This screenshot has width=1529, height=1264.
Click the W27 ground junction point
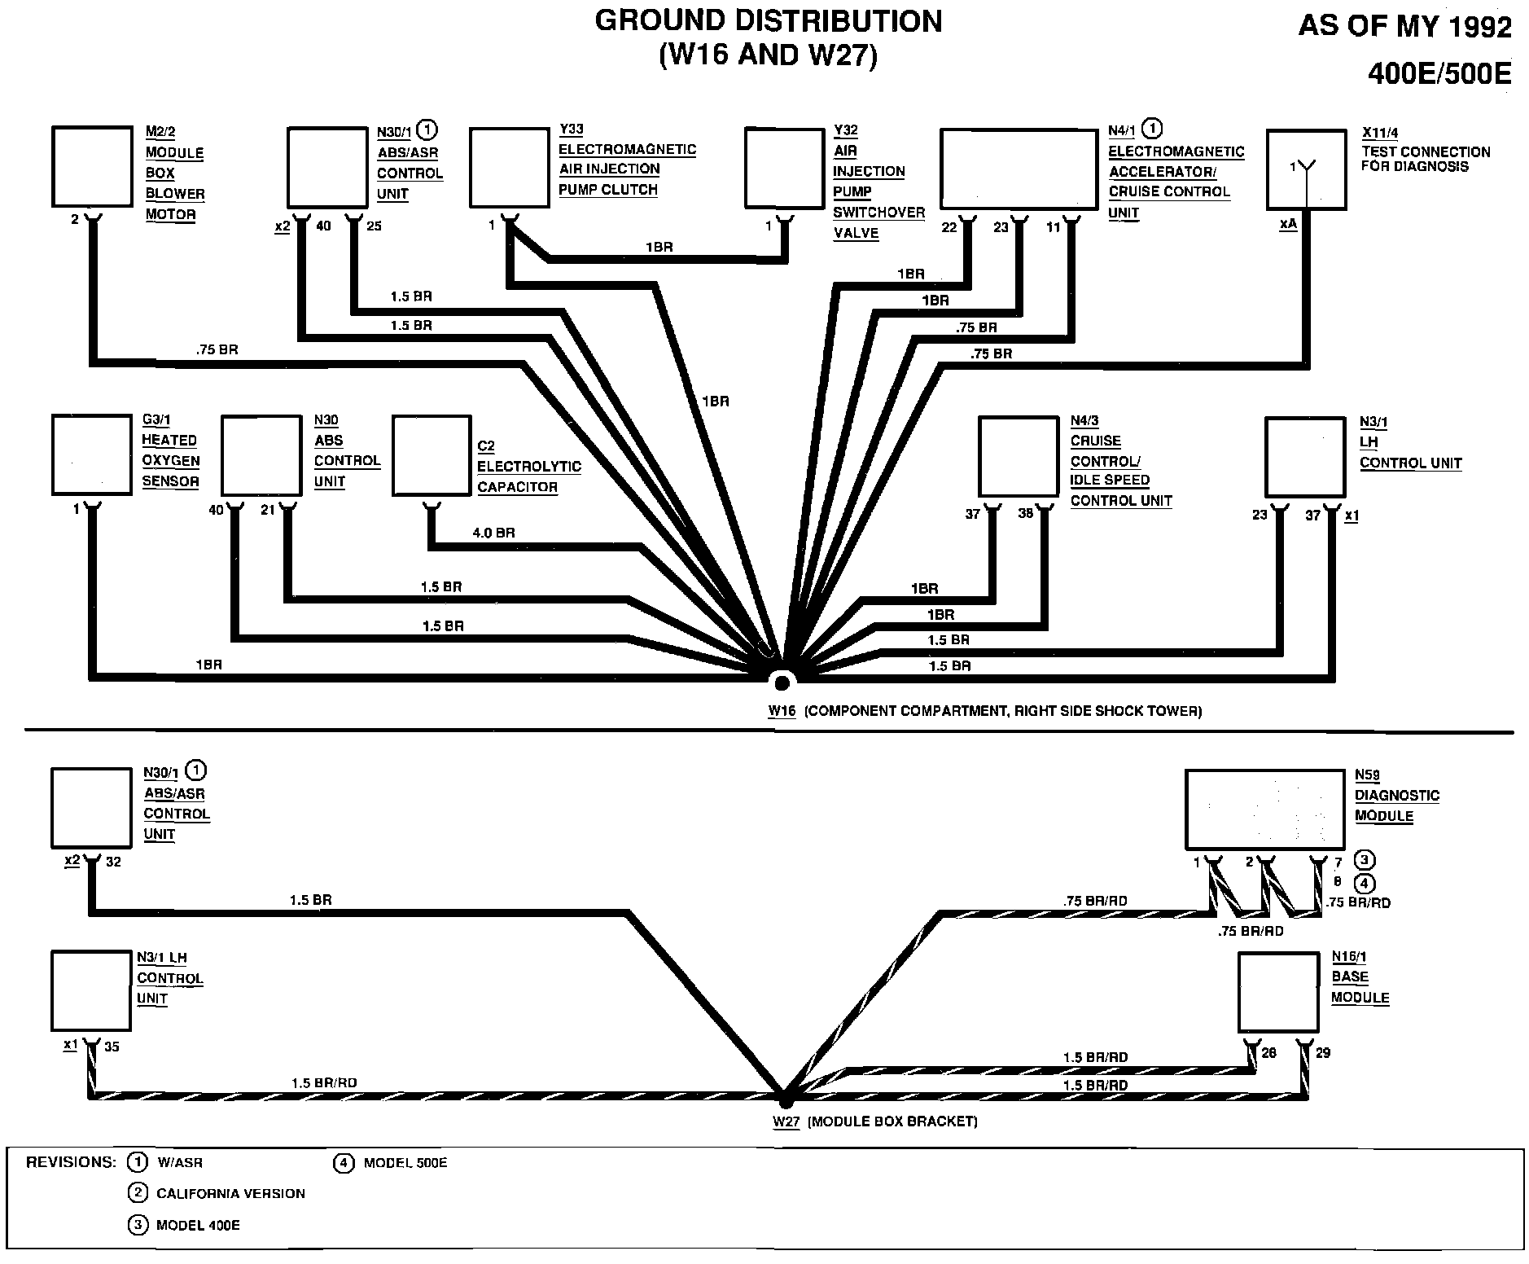785,1099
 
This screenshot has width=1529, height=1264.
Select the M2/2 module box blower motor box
92,167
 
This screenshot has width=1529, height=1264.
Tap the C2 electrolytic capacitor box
432,456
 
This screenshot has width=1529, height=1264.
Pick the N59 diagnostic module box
1264,810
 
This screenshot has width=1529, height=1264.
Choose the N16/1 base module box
1277,993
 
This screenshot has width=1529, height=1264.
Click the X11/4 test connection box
1306,169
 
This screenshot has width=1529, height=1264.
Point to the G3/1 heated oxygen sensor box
92,454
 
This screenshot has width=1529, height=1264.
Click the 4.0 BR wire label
493,533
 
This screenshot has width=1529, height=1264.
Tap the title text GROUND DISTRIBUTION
768,21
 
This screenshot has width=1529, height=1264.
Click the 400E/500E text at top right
1439,74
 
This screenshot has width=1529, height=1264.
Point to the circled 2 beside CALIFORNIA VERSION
138,1193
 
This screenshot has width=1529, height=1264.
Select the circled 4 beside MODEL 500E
344,1162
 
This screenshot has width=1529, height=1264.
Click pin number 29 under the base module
1323,1053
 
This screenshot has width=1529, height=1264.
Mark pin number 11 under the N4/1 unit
1054,228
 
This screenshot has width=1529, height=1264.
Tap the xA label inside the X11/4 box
1288,224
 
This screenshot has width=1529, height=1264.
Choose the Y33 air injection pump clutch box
510,167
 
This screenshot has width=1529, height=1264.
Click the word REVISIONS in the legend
70,1162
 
